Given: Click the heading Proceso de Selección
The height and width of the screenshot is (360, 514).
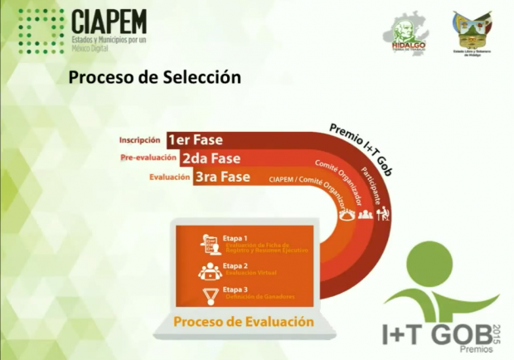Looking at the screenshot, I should pos(154,78).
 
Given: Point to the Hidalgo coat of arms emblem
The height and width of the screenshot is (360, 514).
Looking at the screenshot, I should pos(473,30).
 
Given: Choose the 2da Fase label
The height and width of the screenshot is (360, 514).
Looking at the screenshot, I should pos(211,158).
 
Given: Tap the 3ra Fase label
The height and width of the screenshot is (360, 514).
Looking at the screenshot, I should pos(221,177).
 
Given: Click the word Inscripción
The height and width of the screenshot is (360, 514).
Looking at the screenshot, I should pos(139,139).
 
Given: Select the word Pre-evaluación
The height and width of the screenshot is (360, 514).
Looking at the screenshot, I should pos(148,158).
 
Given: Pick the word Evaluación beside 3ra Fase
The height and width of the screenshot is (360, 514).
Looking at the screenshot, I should pos(169,177).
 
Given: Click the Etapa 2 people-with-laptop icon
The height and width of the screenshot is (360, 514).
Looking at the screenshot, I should pos(210,270).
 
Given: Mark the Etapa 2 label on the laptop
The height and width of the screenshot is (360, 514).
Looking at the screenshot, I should pos(235,265).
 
